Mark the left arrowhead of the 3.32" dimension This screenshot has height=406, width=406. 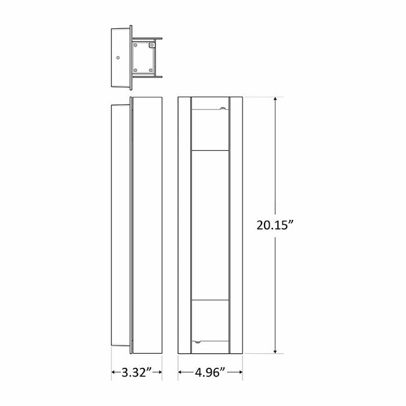coord(114,371)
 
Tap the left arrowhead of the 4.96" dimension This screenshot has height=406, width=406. coord(180,371)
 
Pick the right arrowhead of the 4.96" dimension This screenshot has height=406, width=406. coord(240,371)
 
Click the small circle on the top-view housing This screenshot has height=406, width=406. coord(118,57)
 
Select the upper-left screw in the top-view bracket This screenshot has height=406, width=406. coord(135,45)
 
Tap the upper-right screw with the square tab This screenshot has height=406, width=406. coord(152,45)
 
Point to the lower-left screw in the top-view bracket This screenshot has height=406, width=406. coord(135,71)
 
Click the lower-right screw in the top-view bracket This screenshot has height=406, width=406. coord(151,71)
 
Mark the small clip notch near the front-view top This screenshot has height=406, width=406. coord(223,108)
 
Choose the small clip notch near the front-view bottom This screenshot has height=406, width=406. coord(200,343)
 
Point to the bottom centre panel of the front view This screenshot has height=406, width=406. coord(210,321)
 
